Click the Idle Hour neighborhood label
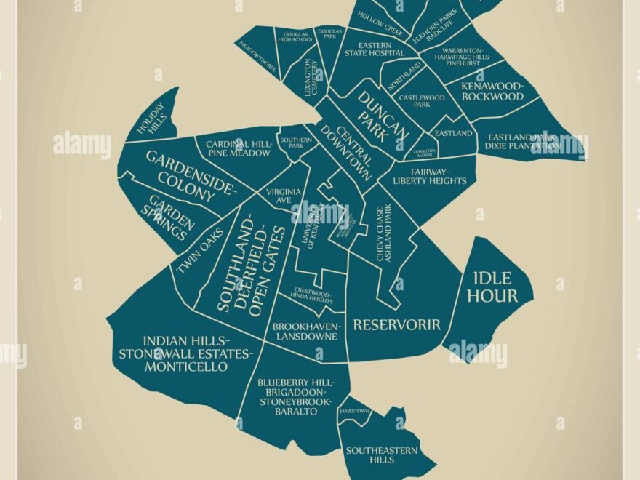pyautogui.click(x=492, y=287)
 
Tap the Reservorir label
pyautogui.click(x=396, y=324)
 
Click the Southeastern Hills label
pyautogui.click(x=382, y=455)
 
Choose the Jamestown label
pyautogui.click(x=353, y=412)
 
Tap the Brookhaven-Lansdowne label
pyautogui.click(x=305, y=332)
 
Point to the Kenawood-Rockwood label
pyautogui.click(x=493, y=91)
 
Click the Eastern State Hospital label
pyautogui.click(x=375, y=48)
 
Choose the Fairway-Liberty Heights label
pyautogui.click(x=430, y=175)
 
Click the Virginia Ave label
pyautogui.click(x=283, y=196)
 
